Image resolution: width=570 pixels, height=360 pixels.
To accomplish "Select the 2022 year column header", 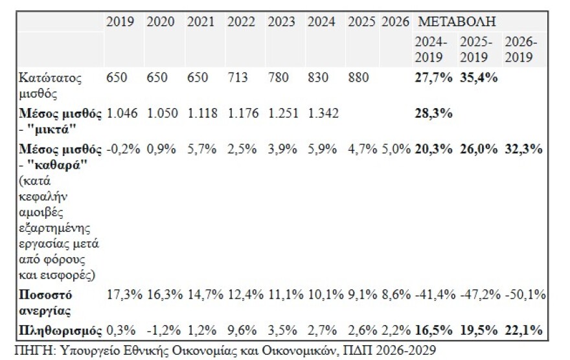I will click(x=241, y=21).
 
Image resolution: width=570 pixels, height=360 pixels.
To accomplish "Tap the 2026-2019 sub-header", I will click(x=521, y=49).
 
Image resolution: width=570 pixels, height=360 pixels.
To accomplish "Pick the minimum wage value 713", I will click(x=238, y=78).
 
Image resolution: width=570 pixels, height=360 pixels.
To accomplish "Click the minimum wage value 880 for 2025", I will click(x=358, y=78).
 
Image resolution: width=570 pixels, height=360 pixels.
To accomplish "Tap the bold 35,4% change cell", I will click(x=478, y=78).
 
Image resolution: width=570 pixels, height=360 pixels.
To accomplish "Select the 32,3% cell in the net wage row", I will click(x=523, y=150).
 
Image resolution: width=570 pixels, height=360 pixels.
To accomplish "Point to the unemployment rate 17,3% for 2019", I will click(x=122, y=295).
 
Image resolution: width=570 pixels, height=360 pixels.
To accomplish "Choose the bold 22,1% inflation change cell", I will click(x=523, y=331).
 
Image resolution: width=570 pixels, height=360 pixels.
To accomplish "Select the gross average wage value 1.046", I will click(x=121, y=114).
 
